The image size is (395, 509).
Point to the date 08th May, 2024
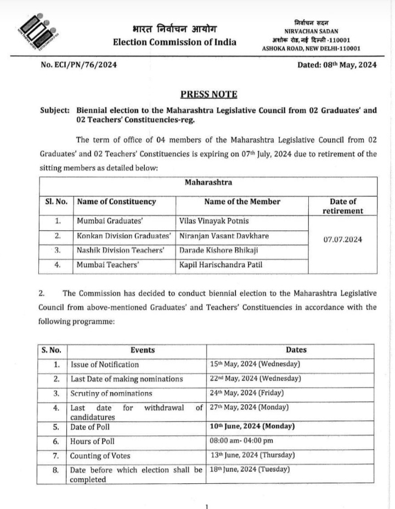(x=337, y=65)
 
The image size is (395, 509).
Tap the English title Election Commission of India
(x=174, y=42)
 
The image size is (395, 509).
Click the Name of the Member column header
(x=242, y=201)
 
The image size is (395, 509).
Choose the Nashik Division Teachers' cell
(x=121, y=251)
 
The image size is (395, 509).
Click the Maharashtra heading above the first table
(x=208, y=182)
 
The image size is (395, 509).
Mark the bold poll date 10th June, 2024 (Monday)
(x=252, y=426)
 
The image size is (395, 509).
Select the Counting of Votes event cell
(x=96, y=456)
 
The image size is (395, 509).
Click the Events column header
(x=143, y=350)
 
